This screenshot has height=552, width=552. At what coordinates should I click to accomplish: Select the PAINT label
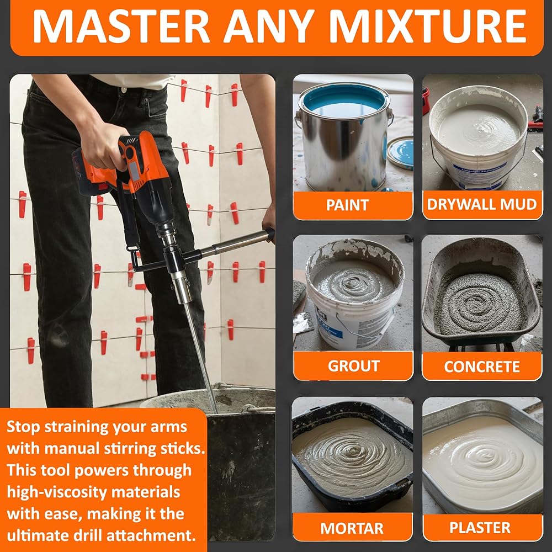tap(347, 205)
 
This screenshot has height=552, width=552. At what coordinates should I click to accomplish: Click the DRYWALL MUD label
tap(482, 204)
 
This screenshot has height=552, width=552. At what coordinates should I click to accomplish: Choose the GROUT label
tap(353, 366)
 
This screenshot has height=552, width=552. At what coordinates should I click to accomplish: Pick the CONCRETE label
tap(482, 367)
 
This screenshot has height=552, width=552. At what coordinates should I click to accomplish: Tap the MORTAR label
tap(352, 528)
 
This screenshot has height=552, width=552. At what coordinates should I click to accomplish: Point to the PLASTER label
tap(480, 527)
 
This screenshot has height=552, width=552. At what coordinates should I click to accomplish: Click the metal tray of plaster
tap(482, 458)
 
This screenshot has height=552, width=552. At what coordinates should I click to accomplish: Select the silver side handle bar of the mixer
tap(235, 243)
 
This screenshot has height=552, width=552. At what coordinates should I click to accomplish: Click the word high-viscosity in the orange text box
tap(94, 492)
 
